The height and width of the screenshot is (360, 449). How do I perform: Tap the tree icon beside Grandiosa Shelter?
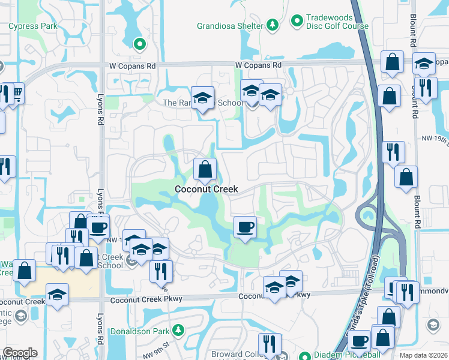273,25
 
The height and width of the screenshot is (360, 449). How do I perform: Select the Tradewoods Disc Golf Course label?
338,21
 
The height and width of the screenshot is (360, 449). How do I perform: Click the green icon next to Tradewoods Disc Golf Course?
296,21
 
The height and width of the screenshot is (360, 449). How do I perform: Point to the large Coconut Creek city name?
206,189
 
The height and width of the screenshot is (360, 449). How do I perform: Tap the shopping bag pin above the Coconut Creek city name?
205,169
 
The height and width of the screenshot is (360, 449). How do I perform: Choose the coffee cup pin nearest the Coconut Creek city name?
245,227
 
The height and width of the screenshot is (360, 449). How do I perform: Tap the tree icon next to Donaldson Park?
178,331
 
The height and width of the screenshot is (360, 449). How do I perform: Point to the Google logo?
20,353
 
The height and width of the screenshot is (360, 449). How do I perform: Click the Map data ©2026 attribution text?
423,355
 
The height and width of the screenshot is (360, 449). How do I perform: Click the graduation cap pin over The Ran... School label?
203,97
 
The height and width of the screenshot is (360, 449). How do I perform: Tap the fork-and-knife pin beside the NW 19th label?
393,152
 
